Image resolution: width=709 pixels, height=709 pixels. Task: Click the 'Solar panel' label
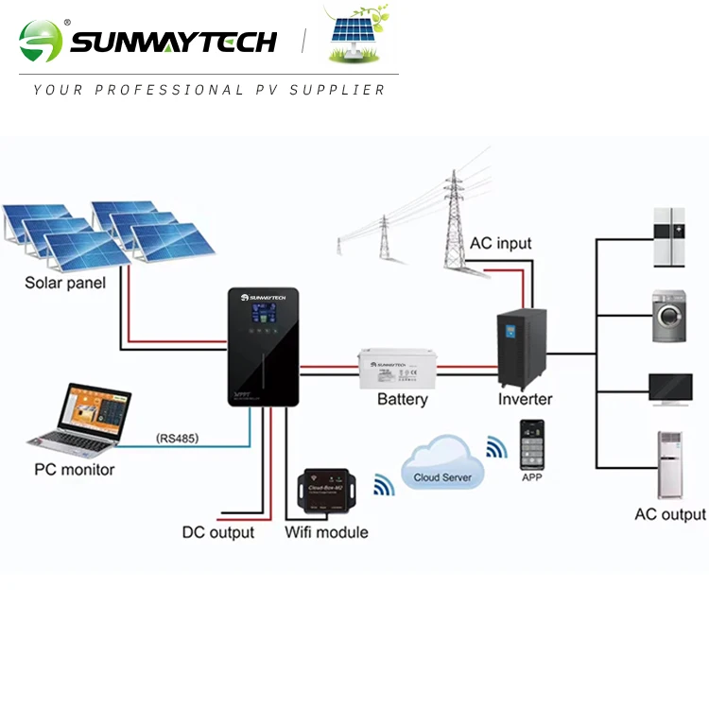click(65, 283)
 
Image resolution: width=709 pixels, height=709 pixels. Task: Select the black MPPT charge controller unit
click(263, 347)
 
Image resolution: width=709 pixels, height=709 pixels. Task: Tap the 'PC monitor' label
click(75, 470)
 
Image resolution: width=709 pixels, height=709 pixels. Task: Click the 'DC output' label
click(218, 532)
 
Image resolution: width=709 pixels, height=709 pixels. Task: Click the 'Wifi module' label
click(326, 532)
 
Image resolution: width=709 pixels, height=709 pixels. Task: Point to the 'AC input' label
click(501, 243)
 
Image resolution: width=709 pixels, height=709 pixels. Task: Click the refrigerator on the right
click(670, 237)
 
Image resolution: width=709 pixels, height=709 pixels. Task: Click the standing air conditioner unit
click(670, 465)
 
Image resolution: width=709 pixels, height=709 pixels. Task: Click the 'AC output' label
click(670, 514)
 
